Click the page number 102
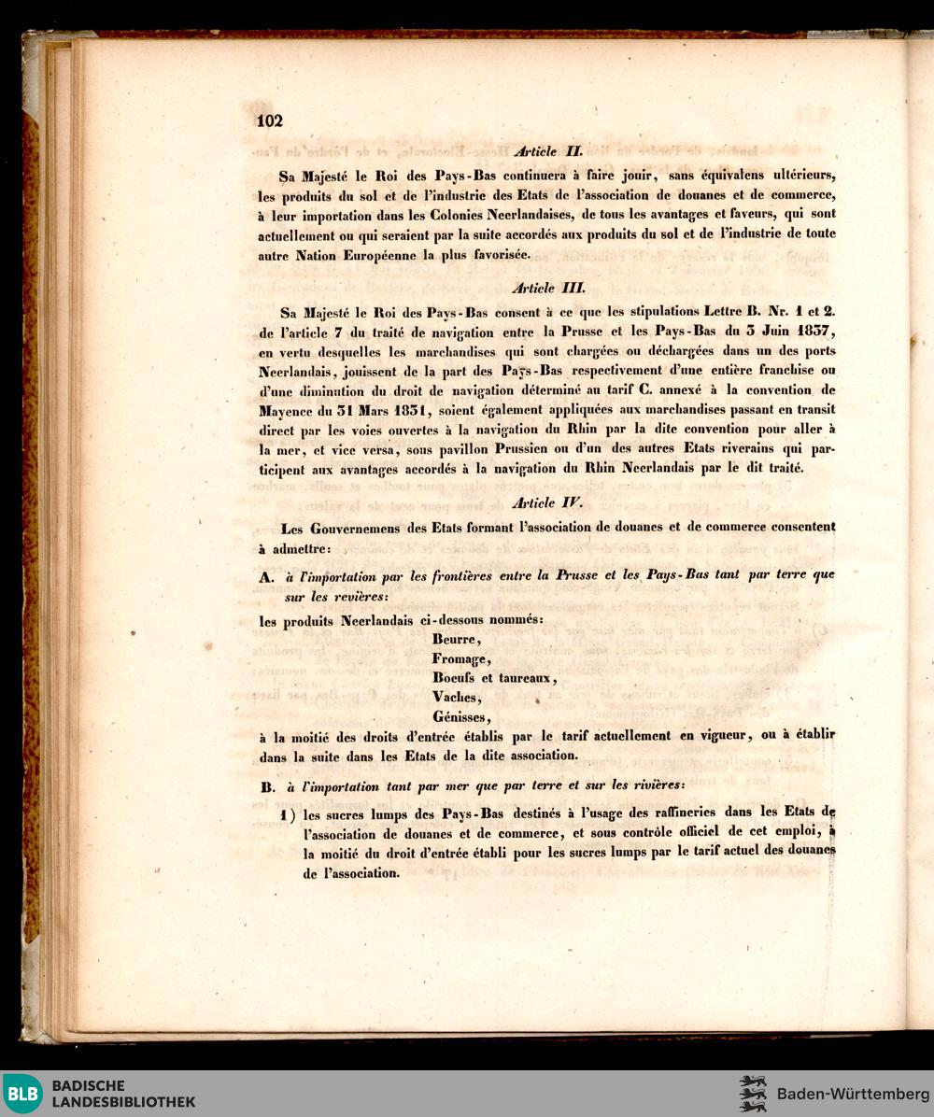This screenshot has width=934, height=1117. coord(270,120)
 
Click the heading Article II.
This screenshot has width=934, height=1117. coord(548,150)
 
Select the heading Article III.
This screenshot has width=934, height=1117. coord(548,289)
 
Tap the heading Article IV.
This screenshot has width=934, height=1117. coord(548,503)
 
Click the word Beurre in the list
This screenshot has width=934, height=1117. coord(456,640)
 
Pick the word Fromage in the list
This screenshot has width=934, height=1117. coord(460,659)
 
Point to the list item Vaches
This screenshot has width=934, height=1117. coord(457,698)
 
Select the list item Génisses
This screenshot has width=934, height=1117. coord(461,717)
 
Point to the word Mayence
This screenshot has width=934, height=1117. coord(287,408)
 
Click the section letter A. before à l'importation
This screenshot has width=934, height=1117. coord(266,577)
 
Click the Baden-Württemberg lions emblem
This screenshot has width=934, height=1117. coord(753,1094)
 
